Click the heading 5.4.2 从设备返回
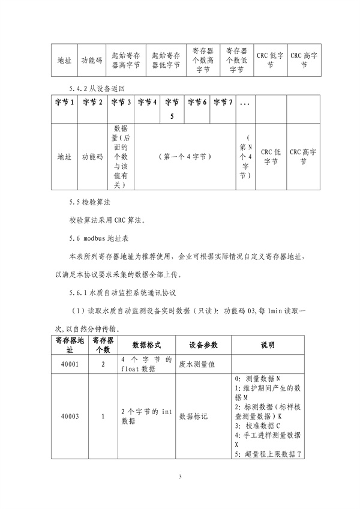(97, 89)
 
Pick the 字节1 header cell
(64, 103)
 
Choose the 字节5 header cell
(171, 109)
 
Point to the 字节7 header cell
(222, 103)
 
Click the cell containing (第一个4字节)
(184, 156)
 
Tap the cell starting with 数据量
(120, 156)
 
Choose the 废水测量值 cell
(198, 364)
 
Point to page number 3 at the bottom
(179, 477)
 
